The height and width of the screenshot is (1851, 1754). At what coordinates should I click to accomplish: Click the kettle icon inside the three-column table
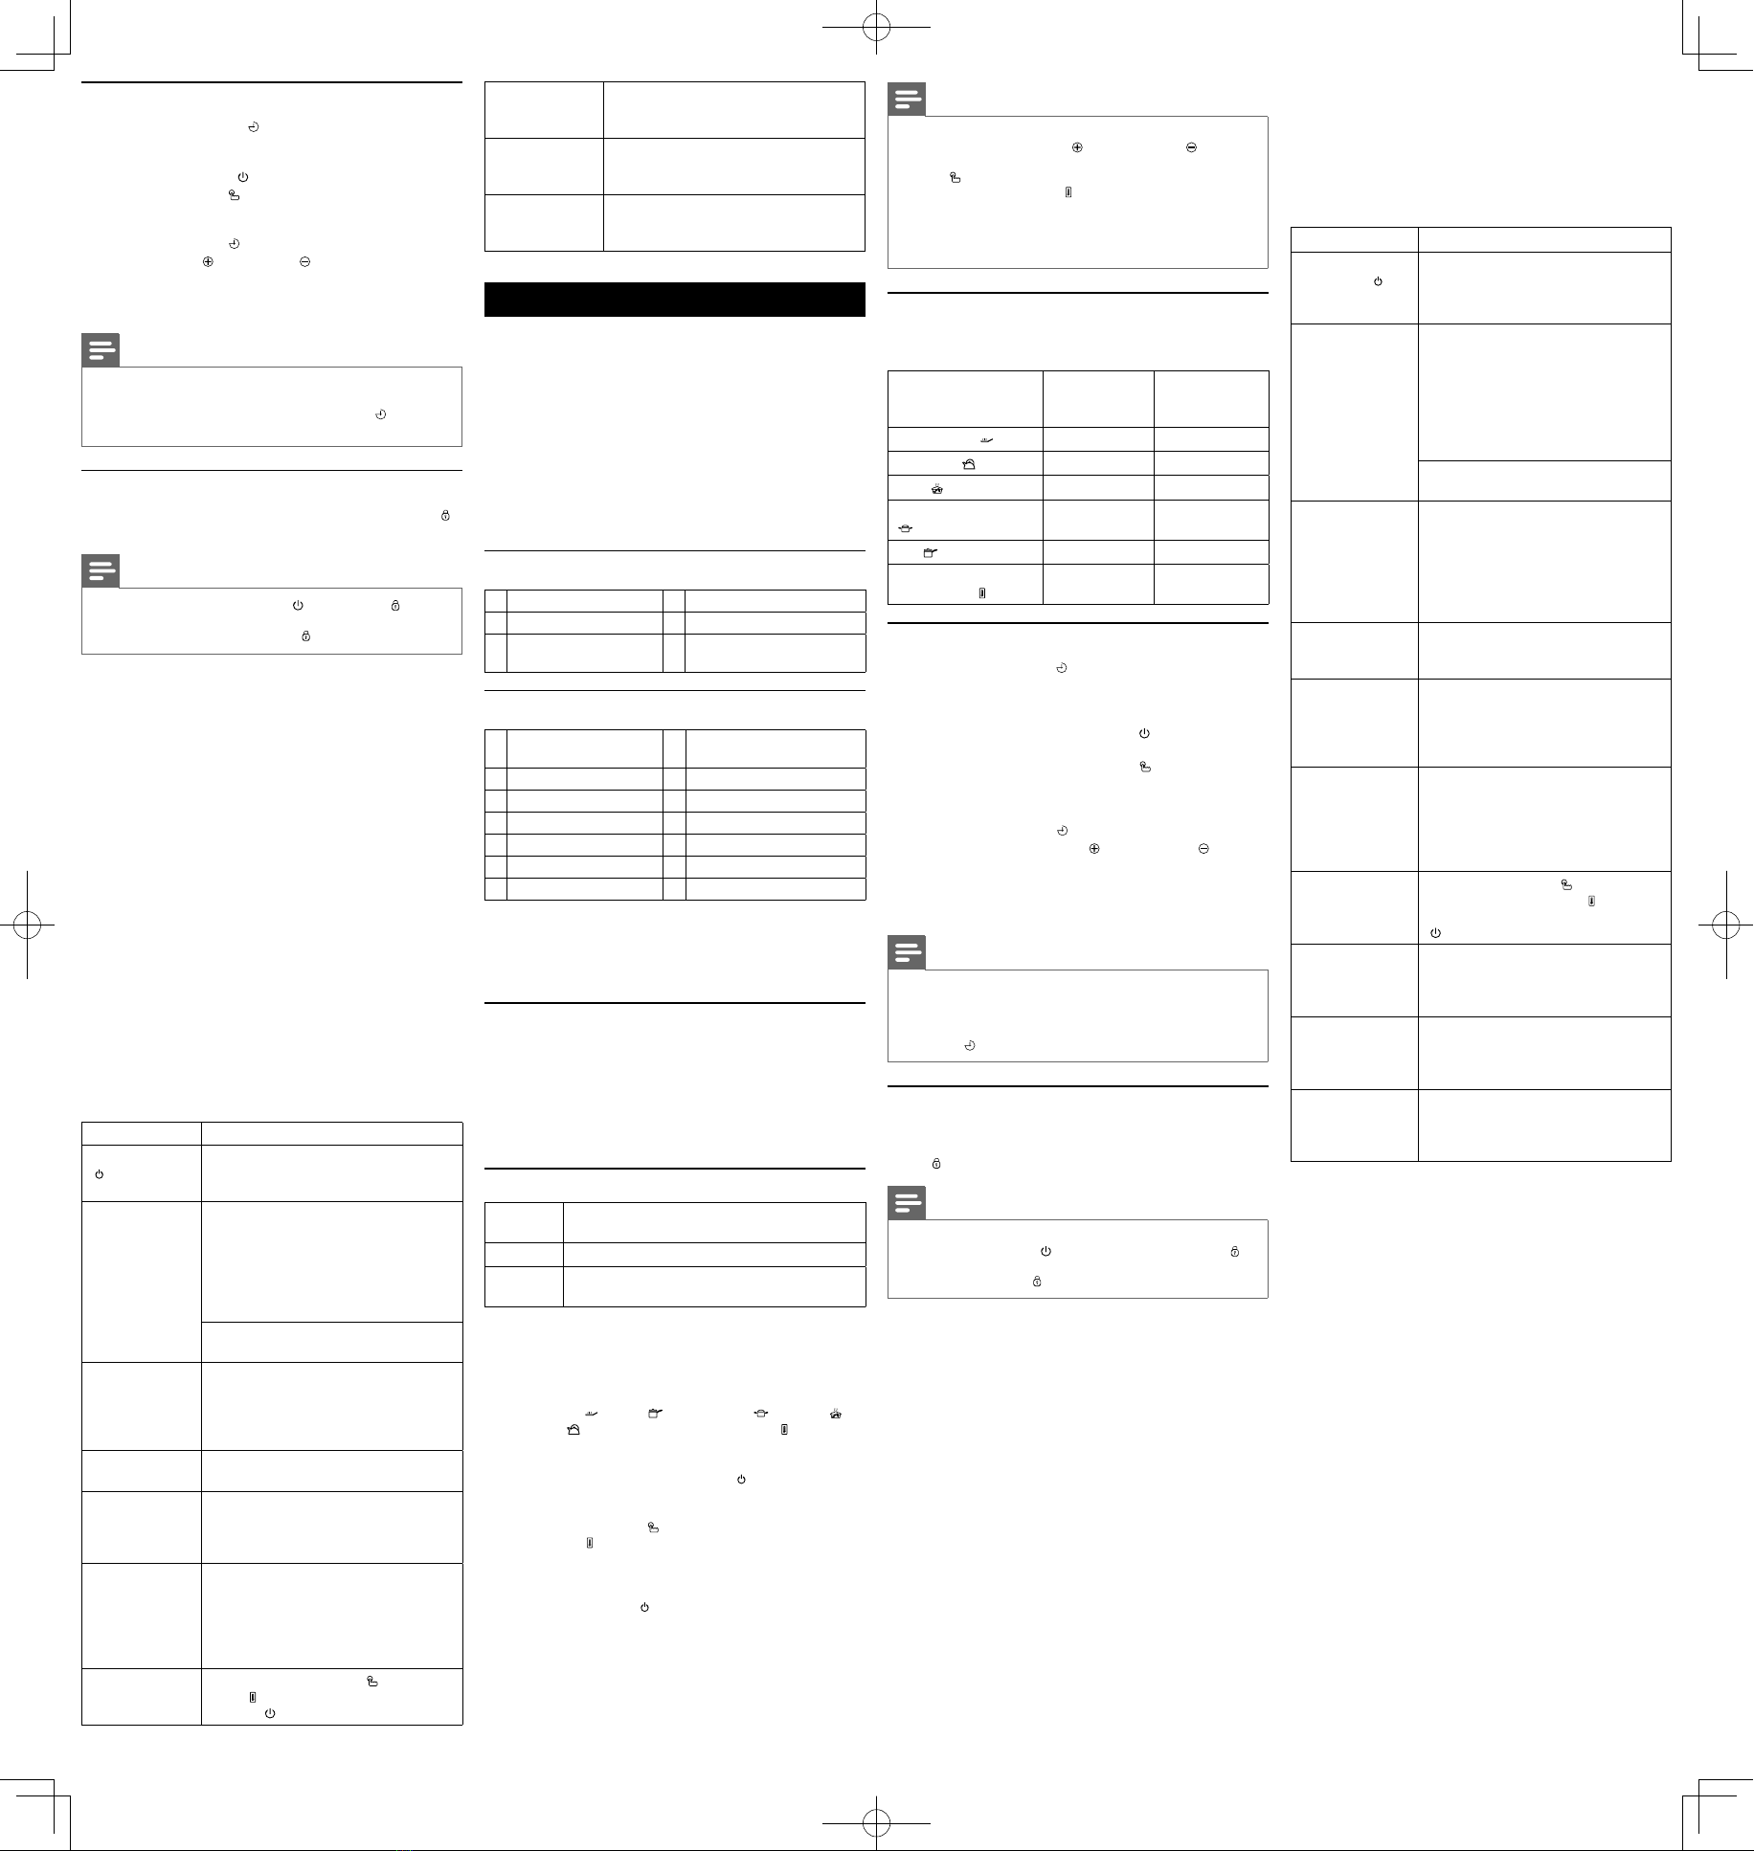click(x=969, y=464)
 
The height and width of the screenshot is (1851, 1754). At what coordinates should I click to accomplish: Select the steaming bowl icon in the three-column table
click(x=936, y=489)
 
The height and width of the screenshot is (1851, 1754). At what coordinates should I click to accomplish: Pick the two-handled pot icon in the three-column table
click(x=904, y=527)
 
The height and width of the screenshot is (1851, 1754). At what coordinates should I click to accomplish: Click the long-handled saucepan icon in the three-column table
click(x=927, y=552)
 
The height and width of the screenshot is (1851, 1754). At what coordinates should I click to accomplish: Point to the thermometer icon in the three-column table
click(x=982, y=593)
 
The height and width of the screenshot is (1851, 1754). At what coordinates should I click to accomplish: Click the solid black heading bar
click(x=674, y=299)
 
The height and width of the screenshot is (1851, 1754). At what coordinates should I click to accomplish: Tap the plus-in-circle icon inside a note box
click(x=1077, y=147)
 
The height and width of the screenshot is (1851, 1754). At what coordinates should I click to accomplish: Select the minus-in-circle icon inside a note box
click(x=1191, y=147)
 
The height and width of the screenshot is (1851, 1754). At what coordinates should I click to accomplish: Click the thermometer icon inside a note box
click(x=1068, y=192)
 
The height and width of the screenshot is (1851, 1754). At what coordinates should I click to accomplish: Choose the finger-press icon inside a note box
click(x=954, y=177)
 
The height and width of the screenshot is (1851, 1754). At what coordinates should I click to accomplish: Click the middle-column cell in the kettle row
click(x=1098, y=464)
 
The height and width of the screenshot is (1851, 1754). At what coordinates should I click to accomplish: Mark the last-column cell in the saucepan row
click(x=1211, y=552)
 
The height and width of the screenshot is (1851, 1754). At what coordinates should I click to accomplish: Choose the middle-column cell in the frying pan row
click(x=1098, y=439)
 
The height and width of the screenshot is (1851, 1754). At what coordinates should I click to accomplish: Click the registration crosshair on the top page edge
click(x=876, y=28)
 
